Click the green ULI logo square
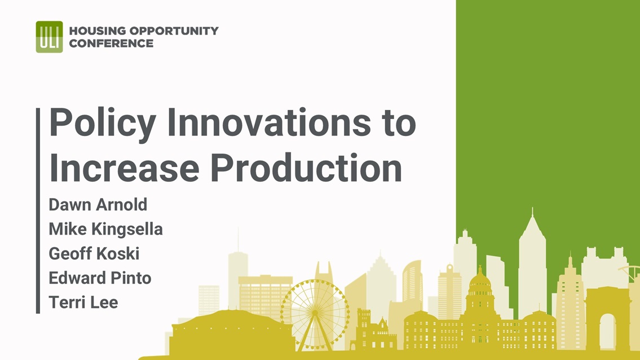tap(50, 37)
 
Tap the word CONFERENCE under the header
tap(111, 43)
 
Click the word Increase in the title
tap(124, 168)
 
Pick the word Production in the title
tap(307, 168)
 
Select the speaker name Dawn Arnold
tap(98, 205)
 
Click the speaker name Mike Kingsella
tap(105, 229)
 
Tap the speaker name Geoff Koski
tap(94, 253)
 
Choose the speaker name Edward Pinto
tap(100, 278)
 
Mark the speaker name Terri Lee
tap(83, 302)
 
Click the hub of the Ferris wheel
tap(315, 313)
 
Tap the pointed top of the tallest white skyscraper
tap(532, 209)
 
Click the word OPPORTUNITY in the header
tap(174, 30)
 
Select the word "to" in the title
tap(400, 123)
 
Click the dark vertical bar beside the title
tap(38, 210)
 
